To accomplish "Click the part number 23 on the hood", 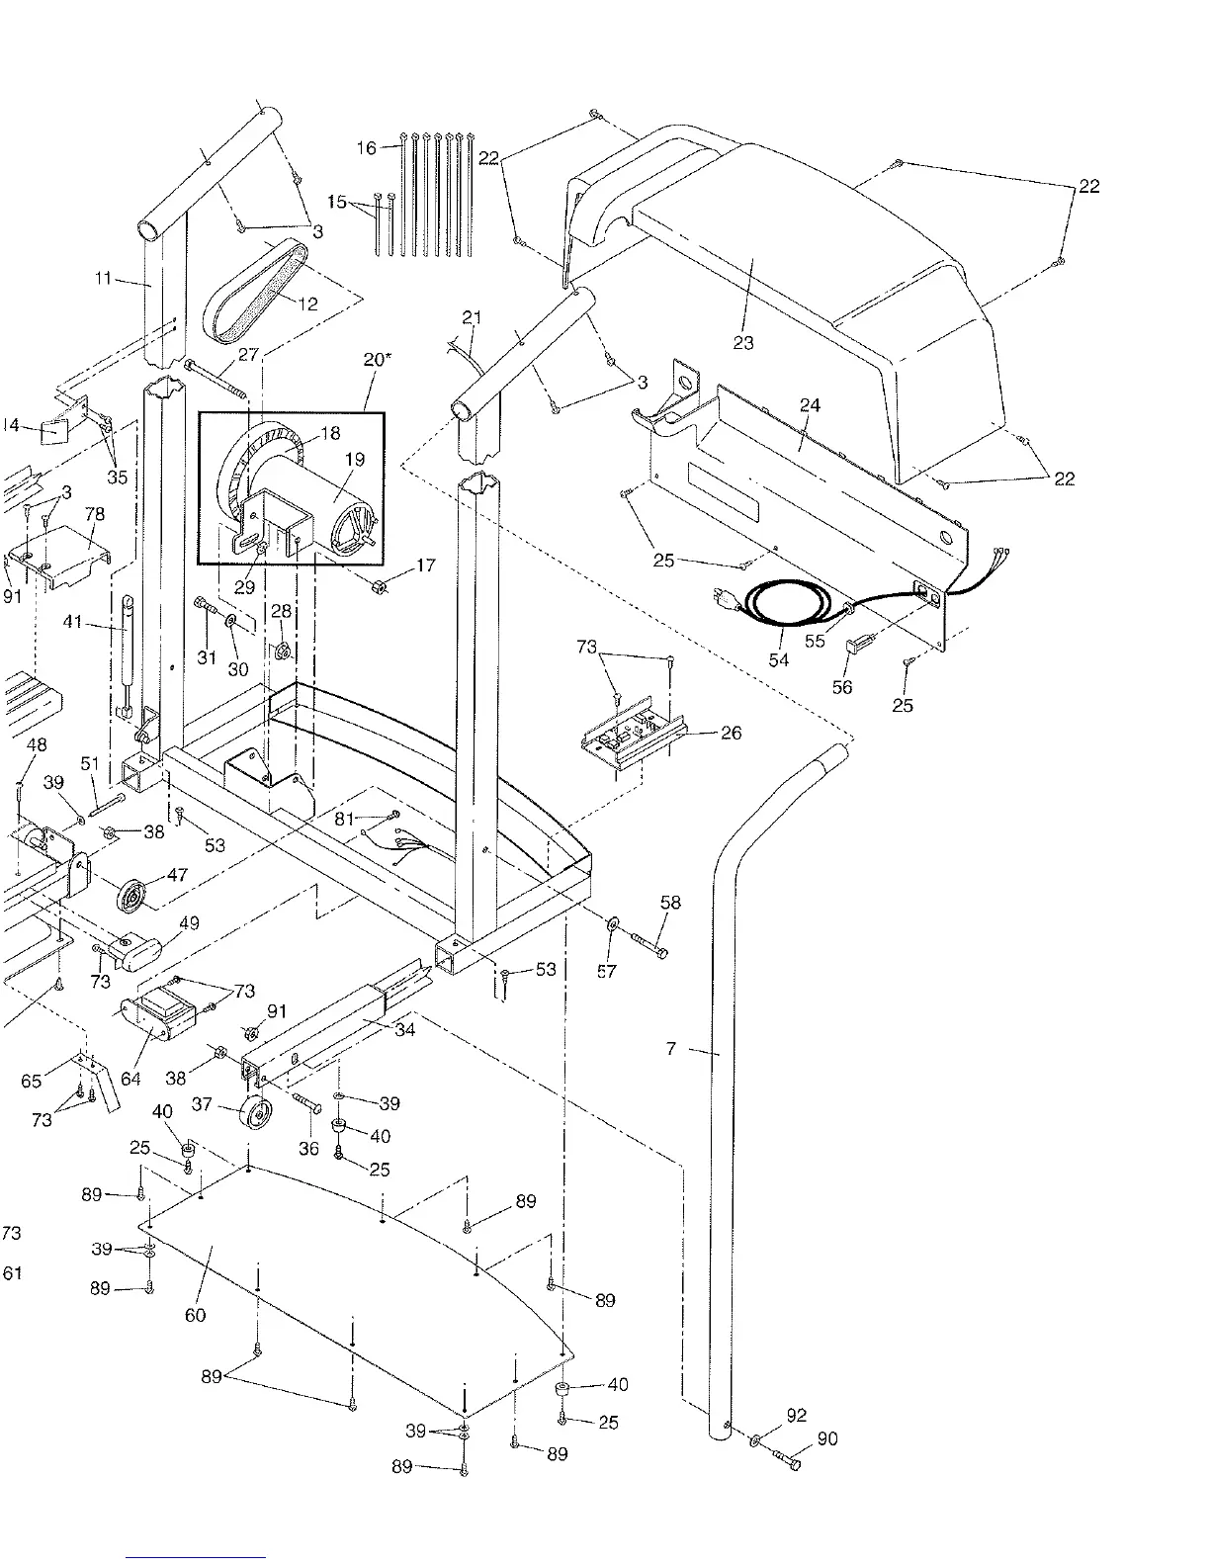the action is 743,343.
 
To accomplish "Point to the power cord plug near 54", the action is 726,597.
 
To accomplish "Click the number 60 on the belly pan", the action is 196,1315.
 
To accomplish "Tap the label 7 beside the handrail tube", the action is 671,1049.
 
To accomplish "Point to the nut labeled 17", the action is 379,587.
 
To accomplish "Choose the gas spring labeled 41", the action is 127,655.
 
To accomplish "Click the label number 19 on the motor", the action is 355,459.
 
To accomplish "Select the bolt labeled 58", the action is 649,945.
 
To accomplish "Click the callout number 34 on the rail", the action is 405,1030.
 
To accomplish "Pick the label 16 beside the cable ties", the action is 367,147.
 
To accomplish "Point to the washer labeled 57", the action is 613,923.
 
